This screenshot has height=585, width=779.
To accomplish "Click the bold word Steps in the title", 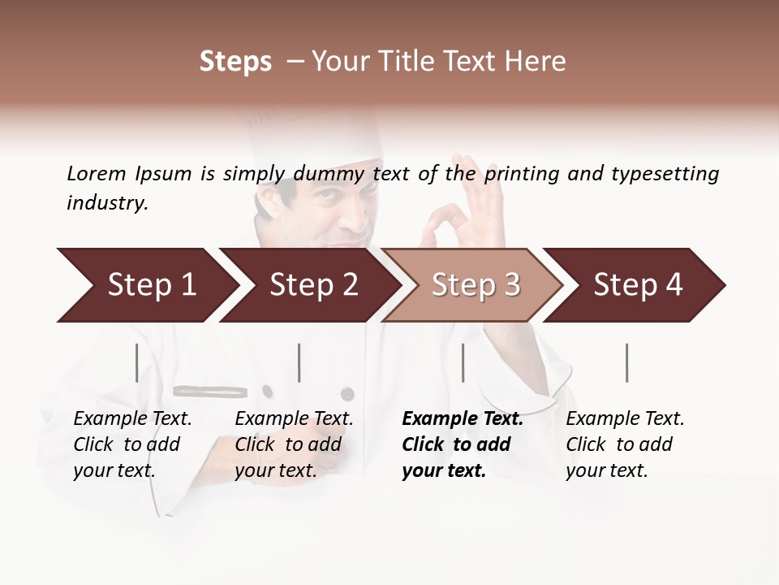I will point(235,62).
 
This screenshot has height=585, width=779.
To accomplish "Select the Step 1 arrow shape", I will point(146,285).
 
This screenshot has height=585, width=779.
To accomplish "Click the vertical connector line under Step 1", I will point(137,362).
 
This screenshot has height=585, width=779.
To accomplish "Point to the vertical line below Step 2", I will point(299,362).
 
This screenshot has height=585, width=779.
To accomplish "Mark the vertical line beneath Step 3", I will point(463,362).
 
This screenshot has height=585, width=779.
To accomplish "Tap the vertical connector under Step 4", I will point(627,362).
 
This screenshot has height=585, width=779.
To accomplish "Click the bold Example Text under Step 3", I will point(463,419).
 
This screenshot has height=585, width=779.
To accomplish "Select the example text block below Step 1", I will point(132,444).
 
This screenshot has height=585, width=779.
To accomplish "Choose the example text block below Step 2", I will point(294,444).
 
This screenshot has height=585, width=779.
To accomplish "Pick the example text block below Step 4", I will point(625,444).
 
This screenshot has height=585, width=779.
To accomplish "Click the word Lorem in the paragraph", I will point(97,173).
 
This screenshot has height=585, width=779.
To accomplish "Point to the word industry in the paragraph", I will point(107,202).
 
